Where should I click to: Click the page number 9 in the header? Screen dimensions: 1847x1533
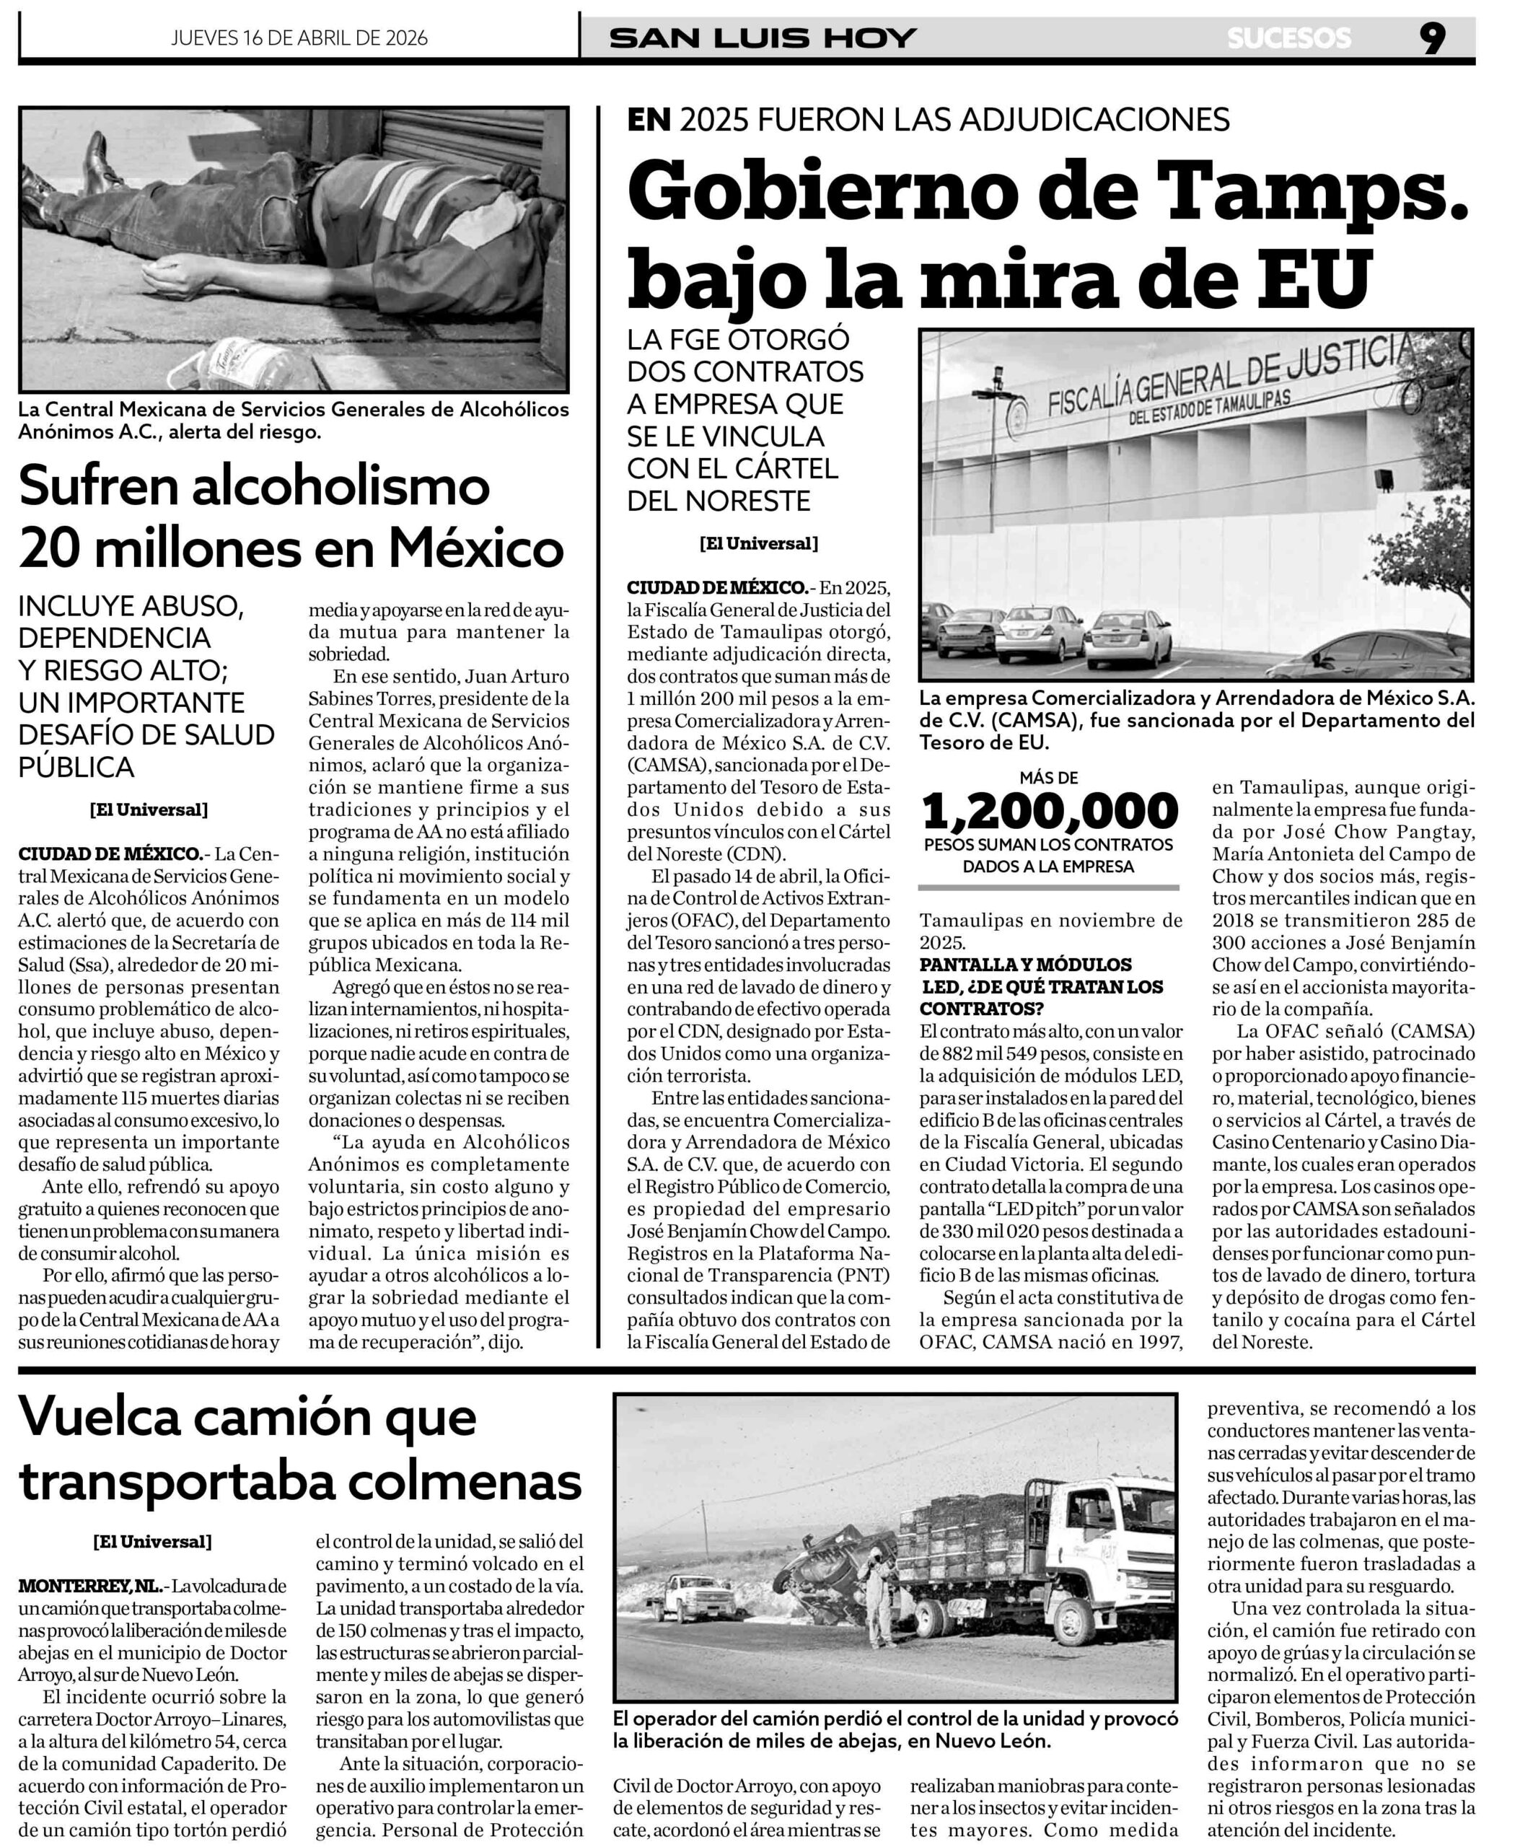1432,37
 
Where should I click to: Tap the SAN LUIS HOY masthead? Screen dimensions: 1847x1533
763,38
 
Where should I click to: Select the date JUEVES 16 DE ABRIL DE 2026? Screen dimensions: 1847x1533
299,38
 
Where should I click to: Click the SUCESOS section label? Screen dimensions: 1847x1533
1288,38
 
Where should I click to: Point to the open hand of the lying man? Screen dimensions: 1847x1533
163,277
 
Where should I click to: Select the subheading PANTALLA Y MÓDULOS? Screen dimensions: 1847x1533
1026,965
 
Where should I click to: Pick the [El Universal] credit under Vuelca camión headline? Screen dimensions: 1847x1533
152,1541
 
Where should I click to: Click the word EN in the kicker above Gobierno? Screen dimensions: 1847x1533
649,119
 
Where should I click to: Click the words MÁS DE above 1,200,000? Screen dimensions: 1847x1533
1048,778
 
